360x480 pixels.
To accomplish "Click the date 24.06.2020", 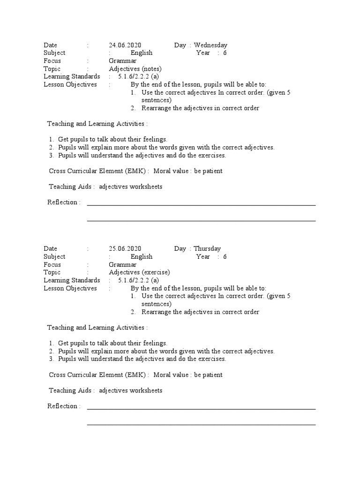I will pos(125,45).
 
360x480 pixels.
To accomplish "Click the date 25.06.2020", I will pos(125,248).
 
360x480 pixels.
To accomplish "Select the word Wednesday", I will pos(210,45).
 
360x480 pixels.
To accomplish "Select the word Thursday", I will pos(207,248).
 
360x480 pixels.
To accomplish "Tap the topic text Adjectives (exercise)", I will pos(139,272).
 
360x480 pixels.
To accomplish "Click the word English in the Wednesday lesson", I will pos(142,53).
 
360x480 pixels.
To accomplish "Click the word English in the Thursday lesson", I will pos(142,256).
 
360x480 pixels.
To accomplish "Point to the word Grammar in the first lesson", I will pos(123,61).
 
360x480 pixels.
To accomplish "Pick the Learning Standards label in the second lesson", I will pos(72,280).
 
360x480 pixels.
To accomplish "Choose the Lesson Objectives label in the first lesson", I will pos(70,84).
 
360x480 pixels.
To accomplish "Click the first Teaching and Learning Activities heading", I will pos(97,124).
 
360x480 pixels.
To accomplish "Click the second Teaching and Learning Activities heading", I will pos(97,328).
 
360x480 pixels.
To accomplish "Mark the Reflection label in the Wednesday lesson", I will pos(64,202).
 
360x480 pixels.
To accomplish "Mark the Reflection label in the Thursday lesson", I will pos(64,406).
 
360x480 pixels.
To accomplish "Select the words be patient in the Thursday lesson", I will pos(208,375).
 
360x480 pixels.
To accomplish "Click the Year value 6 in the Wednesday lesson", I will pos(225,53).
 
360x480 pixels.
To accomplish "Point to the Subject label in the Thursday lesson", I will pos(54,256).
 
